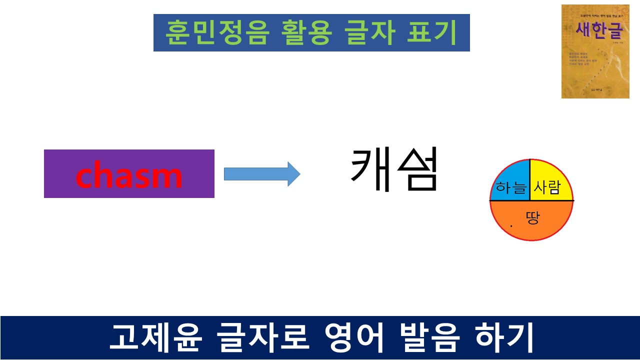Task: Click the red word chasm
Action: (x=129, y=175)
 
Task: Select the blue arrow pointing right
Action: (x=261, y=174)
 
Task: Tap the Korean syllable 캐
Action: (x=370, y=170)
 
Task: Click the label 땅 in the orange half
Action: (x=533, y=218)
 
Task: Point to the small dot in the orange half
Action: (x=511, y=226)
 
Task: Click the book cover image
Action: (x=587, y=51)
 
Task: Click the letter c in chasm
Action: (x=85, y=176)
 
